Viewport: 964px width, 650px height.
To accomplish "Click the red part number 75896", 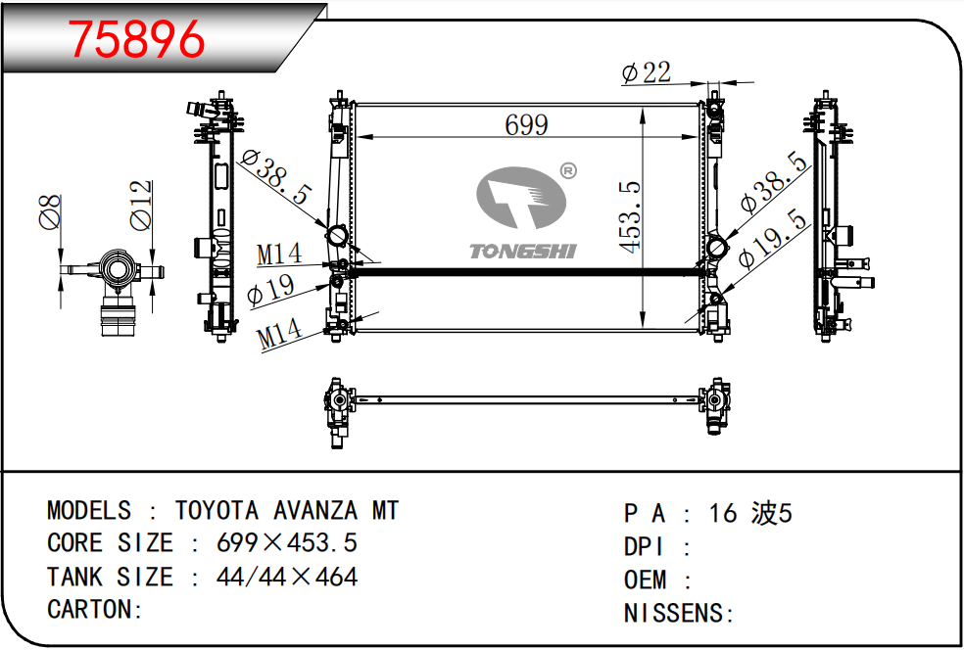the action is [136, 39].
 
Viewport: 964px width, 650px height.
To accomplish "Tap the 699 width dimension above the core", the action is [527, 125].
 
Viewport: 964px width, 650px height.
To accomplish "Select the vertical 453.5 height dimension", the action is [631, 217].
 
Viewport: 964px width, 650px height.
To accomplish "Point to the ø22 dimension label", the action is [647, 73].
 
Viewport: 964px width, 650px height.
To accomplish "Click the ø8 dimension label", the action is [50, 212].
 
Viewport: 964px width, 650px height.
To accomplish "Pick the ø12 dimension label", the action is [141, 206].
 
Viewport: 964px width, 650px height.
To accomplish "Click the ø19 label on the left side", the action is [270, 290].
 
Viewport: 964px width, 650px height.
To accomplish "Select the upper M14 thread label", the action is [279, 255].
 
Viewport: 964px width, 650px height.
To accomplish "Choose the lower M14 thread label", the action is [280, 335].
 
